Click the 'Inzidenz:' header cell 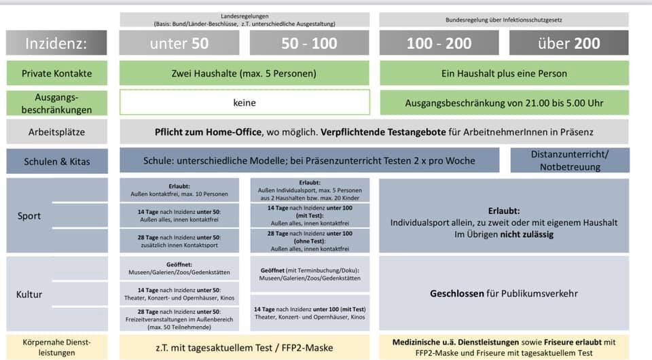click(x=56, y=43)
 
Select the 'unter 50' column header click(x=179, y=43)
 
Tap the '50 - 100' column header click(x=309, y=43)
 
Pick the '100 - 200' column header click(x=439, y=43)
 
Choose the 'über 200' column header click(x=568, y=43)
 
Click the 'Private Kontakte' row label click(x=56, y=73)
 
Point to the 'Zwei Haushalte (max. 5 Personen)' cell click(x=244, y=73)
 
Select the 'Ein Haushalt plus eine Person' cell click(x=504, y=73)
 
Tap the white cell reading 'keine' click(x=244, y=103)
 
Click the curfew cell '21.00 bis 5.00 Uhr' click(x=504, y=103)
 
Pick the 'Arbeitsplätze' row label click(x=56, y=132)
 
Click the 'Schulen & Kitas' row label click(x=56, y=161)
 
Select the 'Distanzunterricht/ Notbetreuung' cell click(x=569, y=161)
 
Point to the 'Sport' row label click(x=29, y=216)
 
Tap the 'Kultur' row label click(x=29, y=294)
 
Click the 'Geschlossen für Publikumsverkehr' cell click(x=504, y=294)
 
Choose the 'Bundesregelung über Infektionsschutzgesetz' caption click(x=504, y=20)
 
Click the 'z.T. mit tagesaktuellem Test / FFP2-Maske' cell click(x=244, y=347)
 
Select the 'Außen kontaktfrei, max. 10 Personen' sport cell click(x=179, y=190)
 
